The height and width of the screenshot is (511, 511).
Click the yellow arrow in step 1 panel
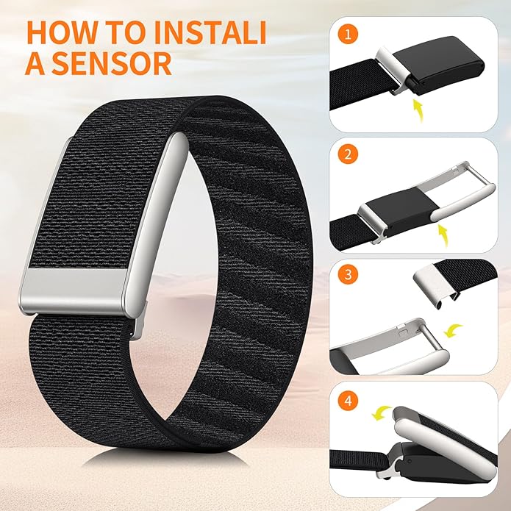pos(418,111)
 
